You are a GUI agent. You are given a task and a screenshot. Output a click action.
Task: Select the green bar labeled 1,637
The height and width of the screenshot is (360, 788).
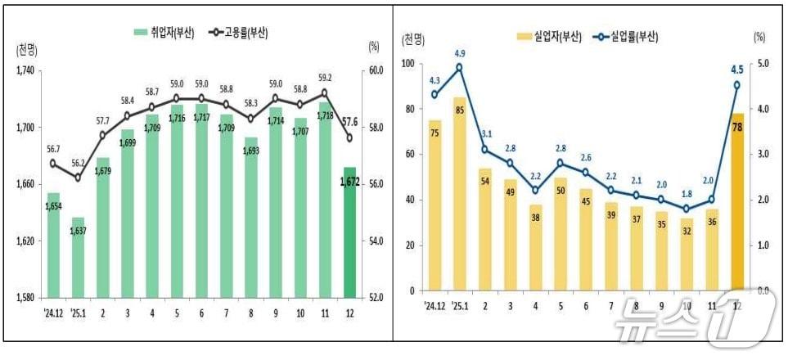[x=79, y=257]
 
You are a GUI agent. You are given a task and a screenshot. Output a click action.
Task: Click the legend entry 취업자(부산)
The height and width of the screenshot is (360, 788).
[x=164, y=33]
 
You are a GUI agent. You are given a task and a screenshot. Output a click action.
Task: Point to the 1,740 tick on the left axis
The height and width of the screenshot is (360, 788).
[x=26, y=71]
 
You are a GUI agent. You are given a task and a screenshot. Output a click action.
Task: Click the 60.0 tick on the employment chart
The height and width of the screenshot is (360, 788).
[x=376, y=71]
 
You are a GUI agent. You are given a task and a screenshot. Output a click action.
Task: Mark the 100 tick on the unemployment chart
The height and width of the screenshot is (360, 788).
[x=407, y=64]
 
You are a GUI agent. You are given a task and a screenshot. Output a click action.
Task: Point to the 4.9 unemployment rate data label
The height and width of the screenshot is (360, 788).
[x=459, y=54]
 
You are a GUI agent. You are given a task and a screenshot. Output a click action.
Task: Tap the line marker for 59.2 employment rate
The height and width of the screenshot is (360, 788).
[x=325, y=92]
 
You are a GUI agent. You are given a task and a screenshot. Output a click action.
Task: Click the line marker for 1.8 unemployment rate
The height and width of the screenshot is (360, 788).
[x=686, y=209]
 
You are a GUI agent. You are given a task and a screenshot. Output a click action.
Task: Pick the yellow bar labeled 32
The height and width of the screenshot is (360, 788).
[x=686, y=254]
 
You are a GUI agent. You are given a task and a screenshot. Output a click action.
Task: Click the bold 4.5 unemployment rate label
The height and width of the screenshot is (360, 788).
[x=736, y=70]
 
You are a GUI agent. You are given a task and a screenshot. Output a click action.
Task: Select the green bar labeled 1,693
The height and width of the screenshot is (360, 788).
[x=251, y=217]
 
